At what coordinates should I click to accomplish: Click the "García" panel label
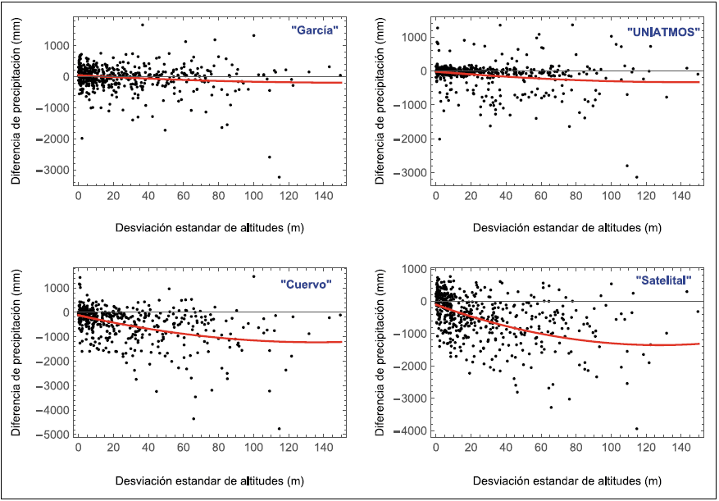(316, 30)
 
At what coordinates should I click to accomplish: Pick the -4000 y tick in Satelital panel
(416, 430)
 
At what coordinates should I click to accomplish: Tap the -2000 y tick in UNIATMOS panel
(416, 139)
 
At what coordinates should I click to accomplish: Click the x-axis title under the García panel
(208, 226)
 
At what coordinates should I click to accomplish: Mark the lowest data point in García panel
(279, 177)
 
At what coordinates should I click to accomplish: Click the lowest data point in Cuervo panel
(279, 429)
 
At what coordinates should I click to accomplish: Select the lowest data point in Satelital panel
(636, 428)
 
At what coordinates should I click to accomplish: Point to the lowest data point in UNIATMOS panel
(636, 176)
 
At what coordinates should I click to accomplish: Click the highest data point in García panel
(143, 25)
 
